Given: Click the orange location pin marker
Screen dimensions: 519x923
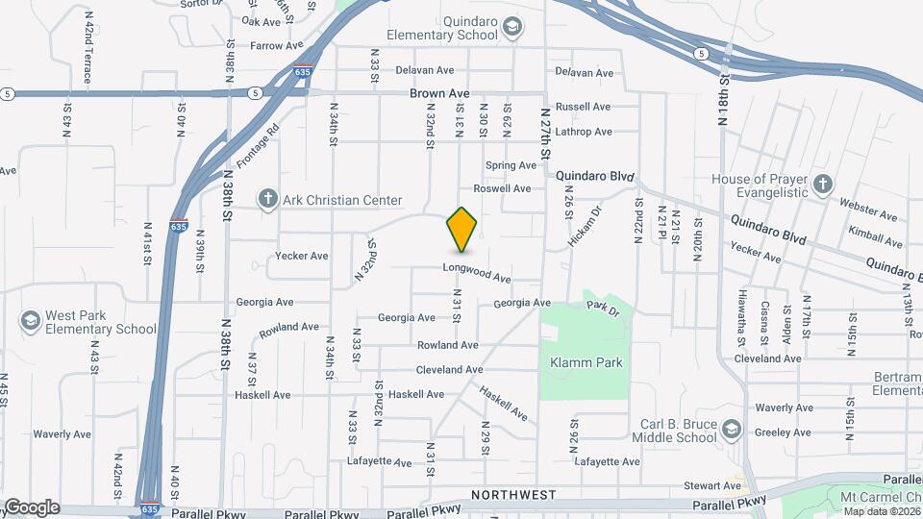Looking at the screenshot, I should (462, 229).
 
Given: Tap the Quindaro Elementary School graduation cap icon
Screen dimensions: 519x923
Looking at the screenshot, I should (512, 26).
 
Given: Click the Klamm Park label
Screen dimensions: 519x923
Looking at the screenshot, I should (586, 363).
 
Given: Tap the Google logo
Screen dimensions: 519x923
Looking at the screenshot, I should (31, 507).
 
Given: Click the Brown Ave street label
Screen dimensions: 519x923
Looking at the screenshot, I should (439, 94).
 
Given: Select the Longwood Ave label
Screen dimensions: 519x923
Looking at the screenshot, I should (477, 273).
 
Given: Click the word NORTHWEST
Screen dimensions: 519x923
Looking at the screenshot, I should (513, 495).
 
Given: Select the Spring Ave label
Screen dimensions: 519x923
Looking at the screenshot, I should (511, 165).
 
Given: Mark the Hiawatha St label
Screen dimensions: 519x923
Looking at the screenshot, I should (742, 317).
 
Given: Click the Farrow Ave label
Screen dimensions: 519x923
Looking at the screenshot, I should (276, 45).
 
